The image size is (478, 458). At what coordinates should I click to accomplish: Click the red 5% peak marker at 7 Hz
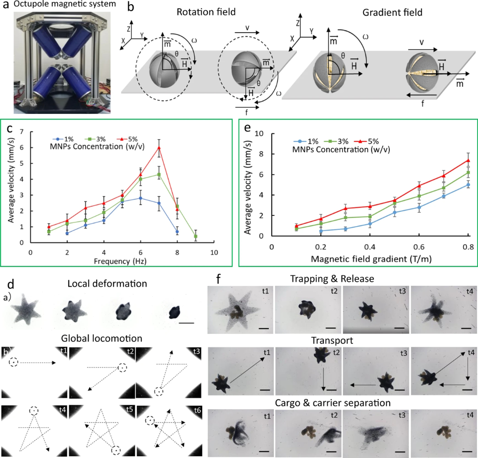[159, 148]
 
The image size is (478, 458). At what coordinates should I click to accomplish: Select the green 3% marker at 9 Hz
[196, 236]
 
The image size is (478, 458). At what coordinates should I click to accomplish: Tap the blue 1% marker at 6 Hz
[141, 198]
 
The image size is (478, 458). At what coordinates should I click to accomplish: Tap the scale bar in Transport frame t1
[264, 388]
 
